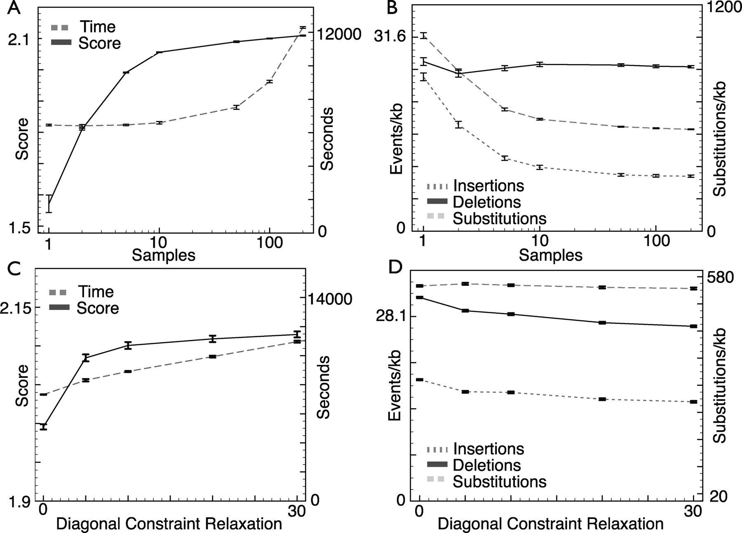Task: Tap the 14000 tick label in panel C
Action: click(328, 299)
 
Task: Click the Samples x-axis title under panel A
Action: click(163, 255)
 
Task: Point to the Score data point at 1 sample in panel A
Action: click(49, 203)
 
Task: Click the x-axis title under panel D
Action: click(550, 524)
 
